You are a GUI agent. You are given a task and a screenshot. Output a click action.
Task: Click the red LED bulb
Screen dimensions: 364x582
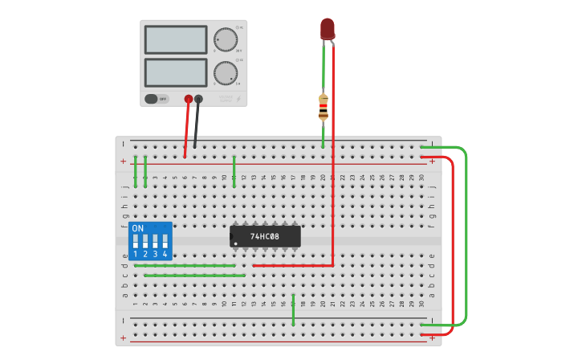[328, 29]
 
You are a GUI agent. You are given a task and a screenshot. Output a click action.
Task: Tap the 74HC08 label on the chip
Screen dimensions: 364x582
[264, 236]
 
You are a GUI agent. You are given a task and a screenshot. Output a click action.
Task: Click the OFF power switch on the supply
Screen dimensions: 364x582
[157, 99]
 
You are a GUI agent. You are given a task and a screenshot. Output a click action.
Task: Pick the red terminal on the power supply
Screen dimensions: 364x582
[189, 99]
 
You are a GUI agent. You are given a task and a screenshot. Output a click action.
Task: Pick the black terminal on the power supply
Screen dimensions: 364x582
[198, 99]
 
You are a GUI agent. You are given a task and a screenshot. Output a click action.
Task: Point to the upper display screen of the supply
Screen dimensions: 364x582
[176, 39]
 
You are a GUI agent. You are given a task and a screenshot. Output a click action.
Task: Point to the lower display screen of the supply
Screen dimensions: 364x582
[176, 72]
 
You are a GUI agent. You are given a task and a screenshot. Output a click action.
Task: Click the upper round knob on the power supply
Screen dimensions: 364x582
[226, 39]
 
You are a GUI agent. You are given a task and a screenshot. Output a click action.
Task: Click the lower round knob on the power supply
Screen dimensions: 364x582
[226, 73]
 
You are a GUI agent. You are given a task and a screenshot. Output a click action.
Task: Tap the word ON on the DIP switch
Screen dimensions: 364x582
[138, 228]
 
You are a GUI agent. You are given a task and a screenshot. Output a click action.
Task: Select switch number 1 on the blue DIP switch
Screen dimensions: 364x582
[136, 241]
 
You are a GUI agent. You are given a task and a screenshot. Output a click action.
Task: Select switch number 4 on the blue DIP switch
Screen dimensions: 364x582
[165, 241]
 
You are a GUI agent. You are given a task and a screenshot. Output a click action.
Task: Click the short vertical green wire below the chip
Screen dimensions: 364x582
[294, 310]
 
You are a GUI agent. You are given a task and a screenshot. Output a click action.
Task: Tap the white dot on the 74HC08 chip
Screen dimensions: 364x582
[235, 243]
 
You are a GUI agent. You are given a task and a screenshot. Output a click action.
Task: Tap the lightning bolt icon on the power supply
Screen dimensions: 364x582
[238, 99]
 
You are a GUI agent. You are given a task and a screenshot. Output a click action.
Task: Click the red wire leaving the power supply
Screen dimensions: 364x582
[186, 129]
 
